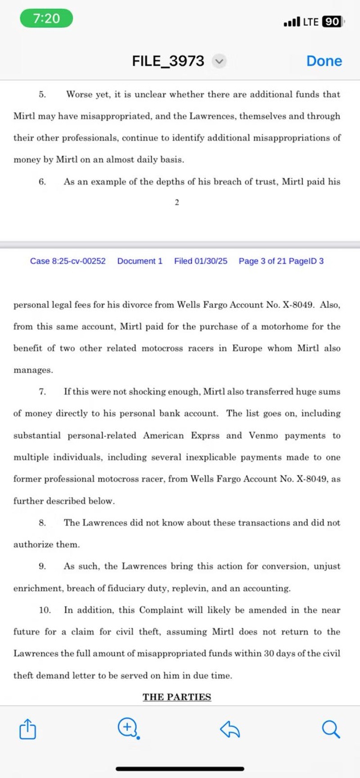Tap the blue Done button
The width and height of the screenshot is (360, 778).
[x=324, y=61]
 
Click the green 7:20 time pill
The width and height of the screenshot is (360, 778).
[x=46, y=18]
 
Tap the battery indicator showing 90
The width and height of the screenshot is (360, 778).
[x=332, y=22]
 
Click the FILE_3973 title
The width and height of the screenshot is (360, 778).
[x=168, y=61]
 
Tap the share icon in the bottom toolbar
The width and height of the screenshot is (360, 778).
[x=27, y=729]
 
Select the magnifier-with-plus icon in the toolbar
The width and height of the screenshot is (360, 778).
[x=128, y=728]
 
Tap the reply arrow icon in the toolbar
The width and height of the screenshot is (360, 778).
[x=230, y=729]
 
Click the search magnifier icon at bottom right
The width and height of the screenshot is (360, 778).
[x=331, y=729]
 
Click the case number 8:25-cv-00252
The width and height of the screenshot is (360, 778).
[x=68, y=261]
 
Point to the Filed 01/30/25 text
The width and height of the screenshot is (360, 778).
[x=201, y=261]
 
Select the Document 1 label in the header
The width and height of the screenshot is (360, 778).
[x=140, y=261]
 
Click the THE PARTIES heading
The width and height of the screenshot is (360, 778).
[x=177, y=697]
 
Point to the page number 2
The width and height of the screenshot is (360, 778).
[x=177, y=202]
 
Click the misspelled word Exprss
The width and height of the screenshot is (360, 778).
[x=205, y=436]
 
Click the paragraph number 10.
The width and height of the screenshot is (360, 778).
[x=45, y=610]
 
